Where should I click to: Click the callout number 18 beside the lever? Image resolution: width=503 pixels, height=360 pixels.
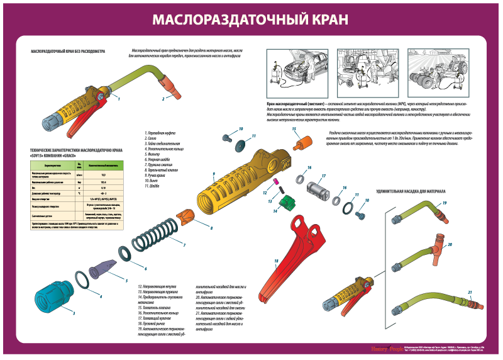[275, 259]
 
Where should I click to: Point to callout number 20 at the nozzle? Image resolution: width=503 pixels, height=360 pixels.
[450, 244]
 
